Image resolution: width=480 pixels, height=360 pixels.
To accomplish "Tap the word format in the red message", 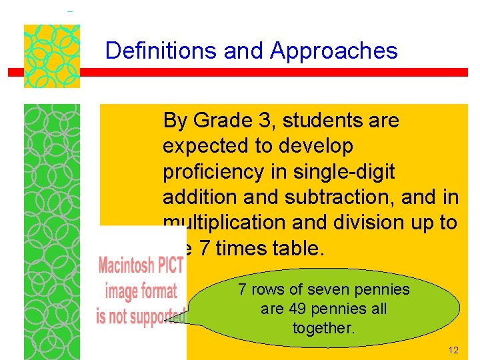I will (x=160, y=291).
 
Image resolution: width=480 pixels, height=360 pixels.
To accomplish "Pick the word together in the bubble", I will (x=323, y=327).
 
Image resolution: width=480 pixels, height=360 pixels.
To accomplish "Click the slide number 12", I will (x=453, y=350).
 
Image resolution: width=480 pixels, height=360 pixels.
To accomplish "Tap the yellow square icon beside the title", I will (x=52, y=56).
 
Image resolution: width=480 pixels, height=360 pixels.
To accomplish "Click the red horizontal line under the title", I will (x=267, y=72).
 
